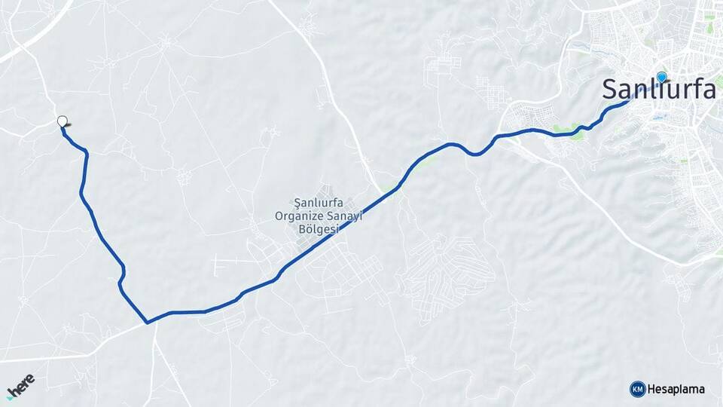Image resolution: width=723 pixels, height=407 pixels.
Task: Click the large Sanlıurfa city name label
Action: (x=658, y=89)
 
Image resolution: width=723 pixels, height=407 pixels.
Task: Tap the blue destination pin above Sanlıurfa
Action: (x=662, y=77)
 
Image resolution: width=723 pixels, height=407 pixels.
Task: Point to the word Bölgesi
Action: (x=320, y=228)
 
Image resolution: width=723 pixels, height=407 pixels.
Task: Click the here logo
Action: (x=20, y=386)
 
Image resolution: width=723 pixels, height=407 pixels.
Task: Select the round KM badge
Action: (x=637, y=389)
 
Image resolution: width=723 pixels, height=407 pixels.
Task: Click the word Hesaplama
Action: (x=676, y=389)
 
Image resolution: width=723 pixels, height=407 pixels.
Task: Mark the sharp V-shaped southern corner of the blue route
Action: (x=148, y=323)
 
